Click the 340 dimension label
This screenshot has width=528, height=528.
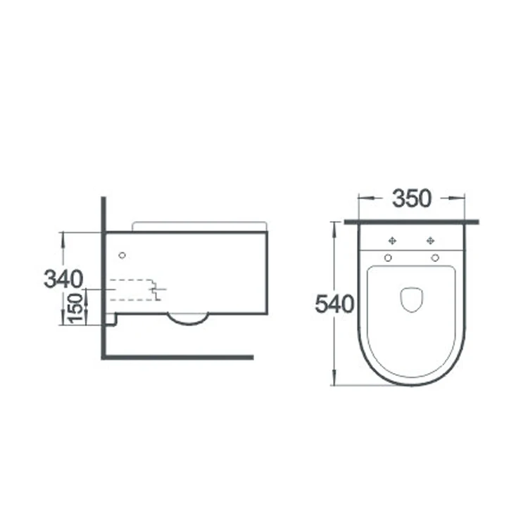tap(63, 279)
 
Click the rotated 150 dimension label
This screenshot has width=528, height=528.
tap(75, 308)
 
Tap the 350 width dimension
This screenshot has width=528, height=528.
tap(412, 199)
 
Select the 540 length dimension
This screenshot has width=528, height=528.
tap(334, 303)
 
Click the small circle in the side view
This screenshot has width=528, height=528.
tap(122, 256)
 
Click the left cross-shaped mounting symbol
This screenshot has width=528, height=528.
tap(392, 241)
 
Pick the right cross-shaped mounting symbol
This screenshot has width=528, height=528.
tap(430, 241)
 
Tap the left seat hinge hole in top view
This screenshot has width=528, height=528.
tap(388, 258)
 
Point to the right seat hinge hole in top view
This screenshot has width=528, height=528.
tap(435, 258)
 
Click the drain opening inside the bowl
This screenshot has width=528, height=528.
tap(412, 299)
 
